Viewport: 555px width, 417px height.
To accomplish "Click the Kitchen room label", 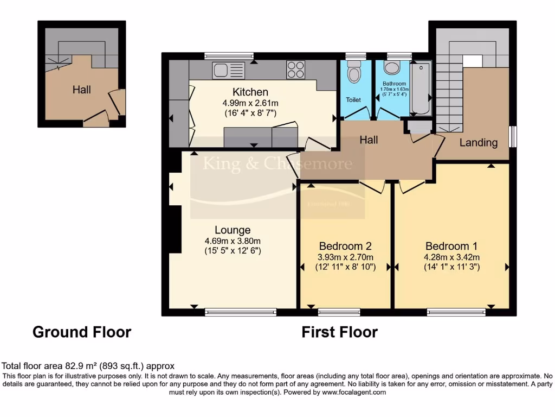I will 250,92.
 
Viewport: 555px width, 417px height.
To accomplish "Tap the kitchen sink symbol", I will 229,69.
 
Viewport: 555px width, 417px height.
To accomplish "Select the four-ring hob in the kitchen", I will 295,70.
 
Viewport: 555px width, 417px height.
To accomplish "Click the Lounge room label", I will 232,230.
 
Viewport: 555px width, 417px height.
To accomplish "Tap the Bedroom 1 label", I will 451,245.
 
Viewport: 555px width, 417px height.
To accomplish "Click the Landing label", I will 478,143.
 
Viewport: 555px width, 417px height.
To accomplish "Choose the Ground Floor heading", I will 82,332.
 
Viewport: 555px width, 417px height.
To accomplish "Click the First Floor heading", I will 339,332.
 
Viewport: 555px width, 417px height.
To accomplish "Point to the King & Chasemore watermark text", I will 277,163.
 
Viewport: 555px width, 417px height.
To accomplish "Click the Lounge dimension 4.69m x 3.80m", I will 233,241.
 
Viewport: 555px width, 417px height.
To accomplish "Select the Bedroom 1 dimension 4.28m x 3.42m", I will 452,257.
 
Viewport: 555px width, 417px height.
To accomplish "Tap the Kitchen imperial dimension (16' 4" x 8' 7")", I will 250,113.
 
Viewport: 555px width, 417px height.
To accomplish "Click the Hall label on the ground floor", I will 82,90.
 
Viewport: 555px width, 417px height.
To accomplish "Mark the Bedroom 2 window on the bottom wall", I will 339,312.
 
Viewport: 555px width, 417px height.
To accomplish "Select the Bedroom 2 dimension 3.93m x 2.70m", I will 345,257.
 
